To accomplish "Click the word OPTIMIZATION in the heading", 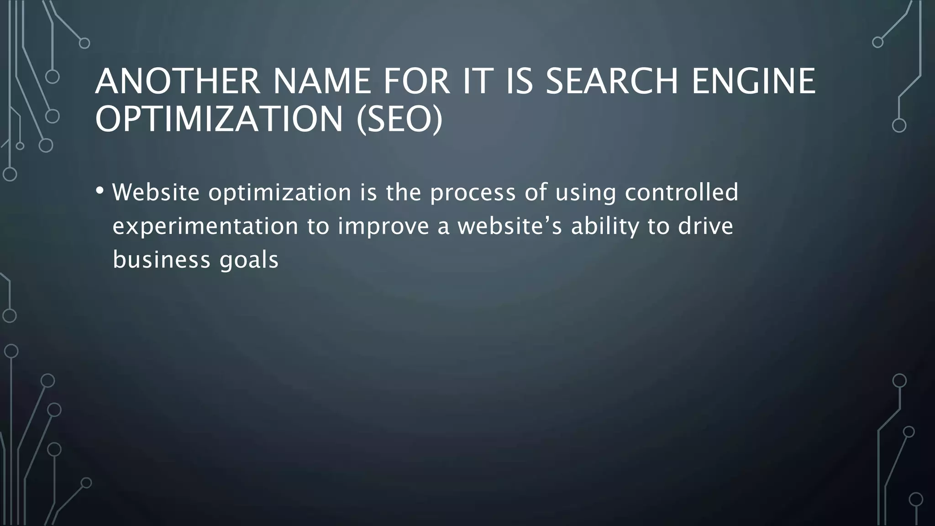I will (x=219, y=119).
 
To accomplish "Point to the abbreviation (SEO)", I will (x=399, y=119).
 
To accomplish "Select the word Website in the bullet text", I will (x=156, y=192).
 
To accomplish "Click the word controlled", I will (x=681, y=192).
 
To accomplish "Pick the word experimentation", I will (x=205, y=226).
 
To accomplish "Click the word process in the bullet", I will (x=473, y=193).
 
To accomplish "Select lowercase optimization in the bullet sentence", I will (x=280, y=193).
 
